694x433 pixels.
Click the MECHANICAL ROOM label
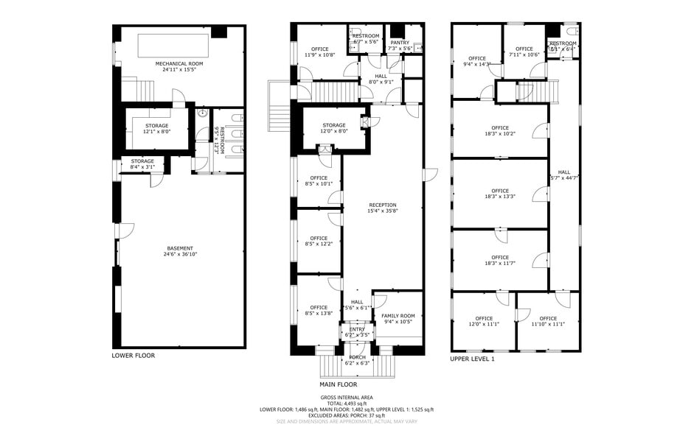180,64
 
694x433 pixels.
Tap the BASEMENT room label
180,248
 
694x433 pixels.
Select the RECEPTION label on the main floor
383,205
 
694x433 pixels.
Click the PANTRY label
399,43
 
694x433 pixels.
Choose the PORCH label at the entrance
357,357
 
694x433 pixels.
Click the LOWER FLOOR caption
133,356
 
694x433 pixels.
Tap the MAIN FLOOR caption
338,384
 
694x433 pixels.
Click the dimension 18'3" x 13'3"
500,197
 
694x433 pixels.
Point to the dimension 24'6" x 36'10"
180,254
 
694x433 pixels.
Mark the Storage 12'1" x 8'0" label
156,126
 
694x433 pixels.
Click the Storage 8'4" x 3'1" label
142,161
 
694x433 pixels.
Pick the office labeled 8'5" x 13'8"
319,307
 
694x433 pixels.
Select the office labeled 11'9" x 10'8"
319,49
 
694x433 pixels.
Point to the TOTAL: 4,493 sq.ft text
346,404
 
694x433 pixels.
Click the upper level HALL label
564,172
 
